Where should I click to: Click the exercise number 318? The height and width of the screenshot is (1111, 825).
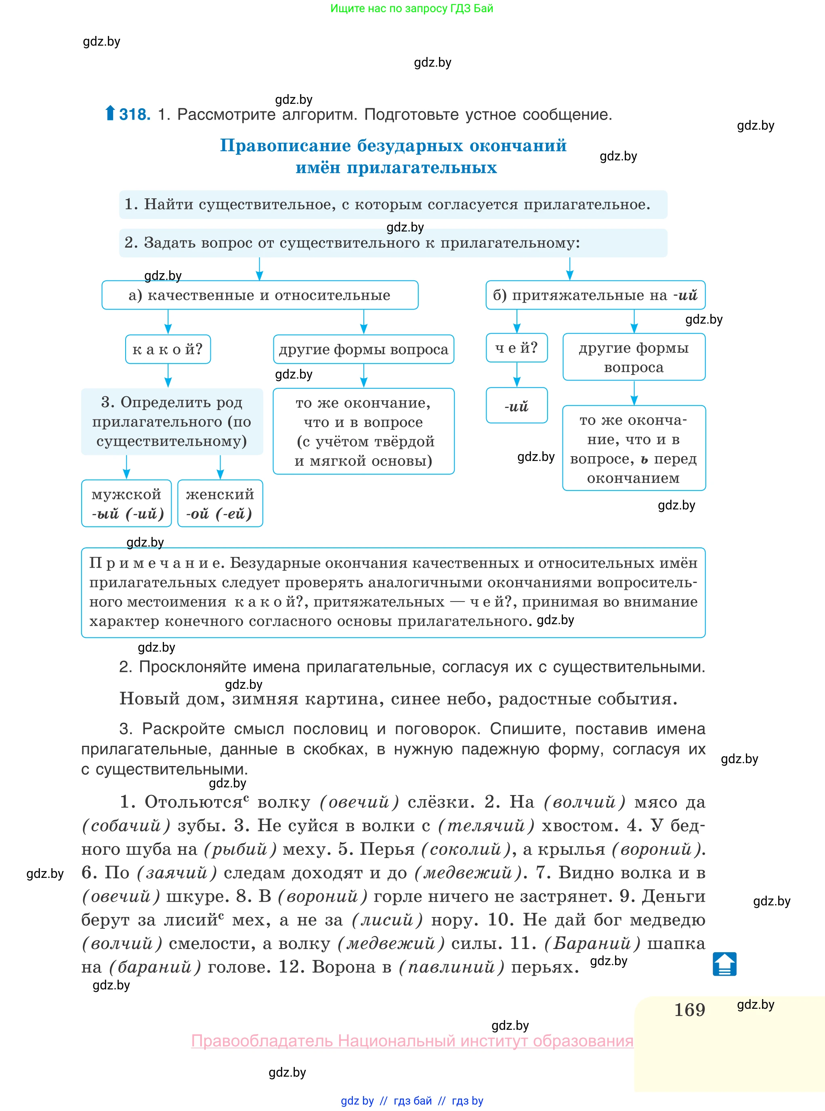(134, 114)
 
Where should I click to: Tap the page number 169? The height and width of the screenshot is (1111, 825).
(689, 1010)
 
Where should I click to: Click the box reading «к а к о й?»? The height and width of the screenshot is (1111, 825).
(168, 349)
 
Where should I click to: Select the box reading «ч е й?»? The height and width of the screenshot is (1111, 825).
(516, 348)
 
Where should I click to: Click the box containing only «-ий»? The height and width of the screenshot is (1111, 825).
(516, 406)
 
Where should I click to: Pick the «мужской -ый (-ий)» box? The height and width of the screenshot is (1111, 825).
(126, 503)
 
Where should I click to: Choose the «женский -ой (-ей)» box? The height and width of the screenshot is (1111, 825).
(220, 503)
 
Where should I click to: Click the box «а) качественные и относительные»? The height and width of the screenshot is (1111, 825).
(260, 295)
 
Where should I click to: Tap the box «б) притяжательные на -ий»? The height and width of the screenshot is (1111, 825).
(595, 295)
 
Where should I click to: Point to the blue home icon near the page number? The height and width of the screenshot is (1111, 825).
(724, 964)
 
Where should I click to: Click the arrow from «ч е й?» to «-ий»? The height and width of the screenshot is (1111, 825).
(516, 375)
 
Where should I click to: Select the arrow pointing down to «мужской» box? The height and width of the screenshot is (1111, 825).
(126, 467)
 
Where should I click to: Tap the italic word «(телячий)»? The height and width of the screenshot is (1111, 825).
(486, 826)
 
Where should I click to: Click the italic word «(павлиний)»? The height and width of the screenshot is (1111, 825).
(451, 967)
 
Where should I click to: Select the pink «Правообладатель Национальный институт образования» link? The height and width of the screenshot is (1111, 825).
(412, 1041)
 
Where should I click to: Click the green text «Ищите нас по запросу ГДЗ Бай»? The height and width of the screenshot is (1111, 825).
(411, 8)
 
